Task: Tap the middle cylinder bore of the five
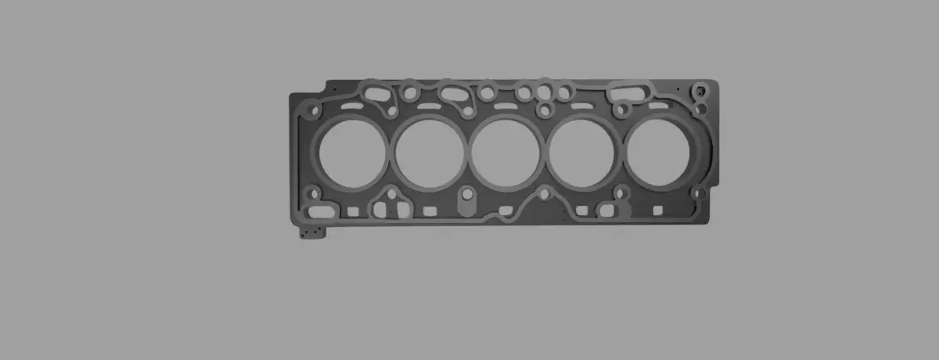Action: (x=505, y=152)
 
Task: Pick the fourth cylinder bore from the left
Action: (x=581, y=152)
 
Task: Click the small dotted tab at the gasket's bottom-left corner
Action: (x=312, y=232)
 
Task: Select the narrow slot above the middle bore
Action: (x=506, y=106)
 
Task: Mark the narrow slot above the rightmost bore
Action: (x=658, y=105)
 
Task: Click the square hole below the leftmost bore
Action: (x=353, y=211)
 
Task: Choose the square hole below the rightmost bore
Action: (x=657, y=210)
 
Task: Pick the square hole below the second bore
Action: (x=429, y=211)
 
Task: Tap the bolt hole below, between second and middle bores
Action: (x=467, y=193)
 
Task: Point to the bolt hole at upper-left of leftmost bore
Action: (x=315, y=110)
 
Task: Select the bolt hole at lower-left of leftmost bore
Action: (x=313, y=193)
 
